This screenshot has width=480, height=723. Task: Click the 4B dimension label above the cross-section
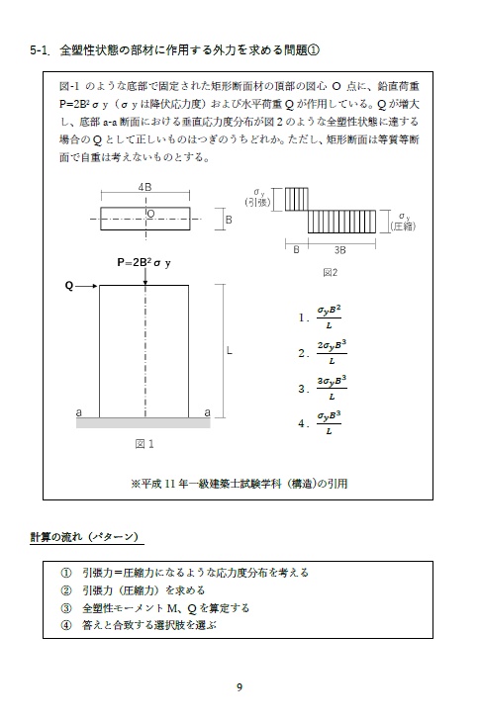coord(144,186)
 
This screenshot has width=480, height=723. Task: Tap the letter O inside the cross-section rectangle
coord(150,213)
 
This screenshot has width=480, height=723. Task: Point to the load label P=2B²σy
coord(144,262)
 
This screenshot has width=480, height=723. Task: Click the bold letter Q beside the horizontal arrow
coord(68,286)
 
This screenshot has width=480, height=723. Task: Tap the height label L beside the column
coord(229,350)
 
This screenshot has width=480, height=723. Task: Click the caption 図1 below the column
coord(144,443)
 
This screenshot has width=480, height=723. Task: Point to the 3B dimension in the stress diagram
coord(339,249)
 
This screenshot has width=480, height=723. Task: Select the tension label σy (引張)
coord(260,196)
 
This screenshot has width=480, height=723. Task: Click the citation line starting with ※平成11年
coord(239,484)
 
